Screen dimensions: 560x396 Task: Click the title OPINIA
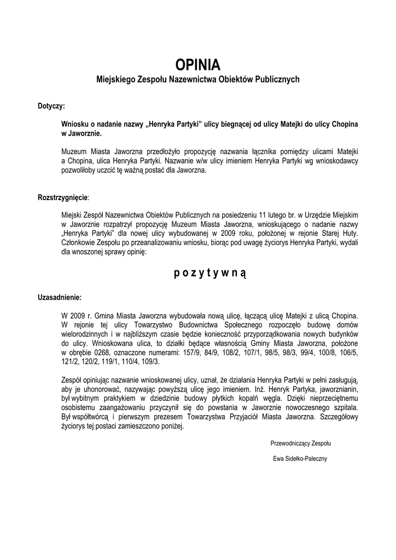click(197, 65)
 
